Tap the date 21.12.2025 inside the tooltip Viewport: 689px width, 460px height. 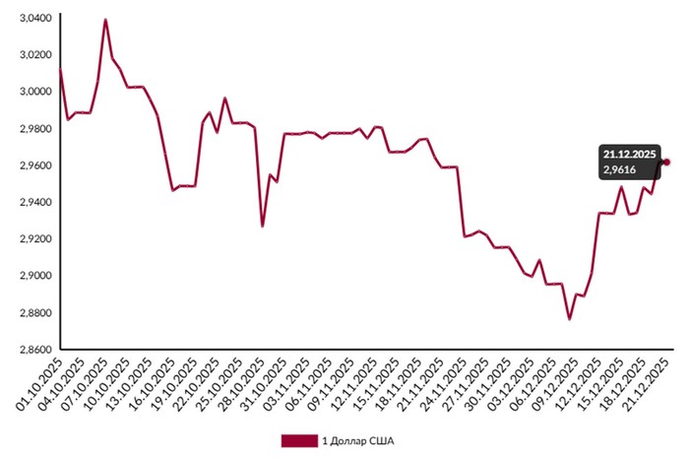click(631, 155)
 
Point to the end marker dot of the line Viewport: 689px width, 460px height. click(666, 162)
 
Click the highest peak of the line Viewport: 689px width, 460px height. click(105, 20)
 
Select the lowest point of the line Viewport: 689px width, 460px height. click(568, 319)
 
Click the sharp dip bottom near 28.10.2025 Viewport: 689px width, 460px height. click(262, 227)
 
